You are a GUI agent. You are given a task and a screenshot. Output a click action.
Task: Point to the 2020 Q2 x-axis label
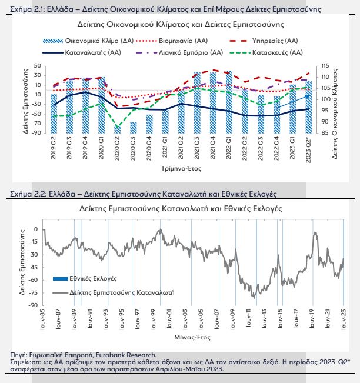[118, 146]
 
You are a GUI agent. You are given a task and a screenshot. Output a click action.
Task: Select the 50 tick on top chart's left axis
[38, 66]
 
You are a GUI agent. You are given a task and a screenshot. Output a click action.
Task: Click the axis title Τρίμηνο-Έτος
[180, 168]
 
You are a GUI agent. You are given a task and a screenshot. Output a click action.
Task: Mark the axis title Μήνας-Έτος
[192, 338]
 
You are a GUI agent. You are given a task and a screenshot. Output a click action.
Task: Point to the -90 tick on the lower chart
[35, 304]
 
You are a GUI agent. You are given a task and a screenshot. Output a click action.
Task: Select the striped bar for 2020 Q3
[134, 127]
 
